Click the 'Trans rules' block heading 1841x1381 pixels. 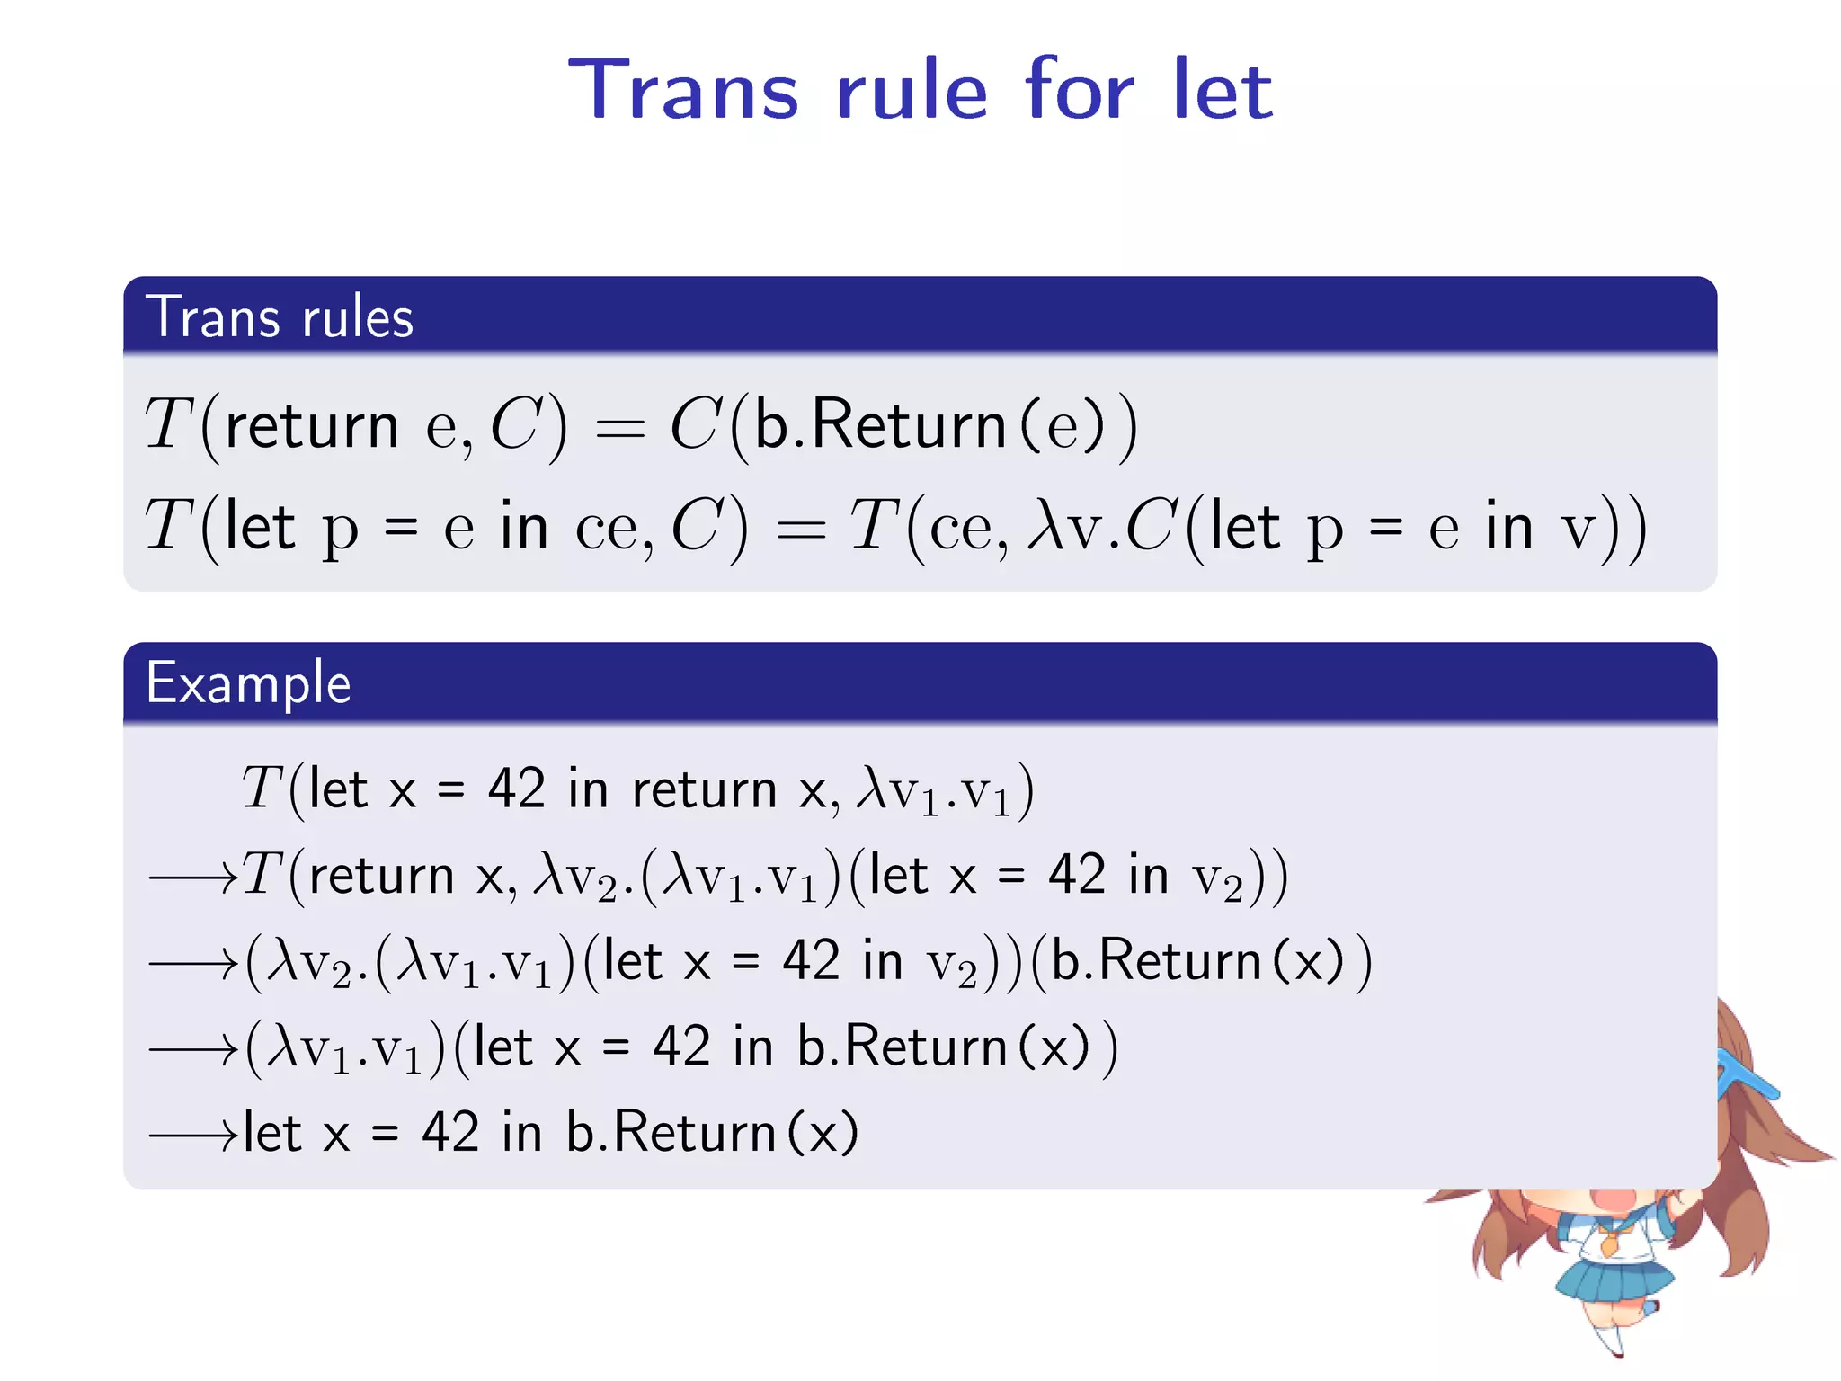pyautogui.click(x=280, y=317)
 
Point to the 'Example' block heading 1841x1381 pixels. pyautogui.click(x=248, y=683)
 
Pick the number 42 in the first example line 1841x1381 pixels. pyautogui.click(x=516, y=789)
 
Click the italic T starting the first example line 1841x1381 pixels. pyautogui.click(x=262, y=789)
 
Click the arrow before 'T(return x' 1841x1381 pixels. pyautogui.click(x=192, y=877)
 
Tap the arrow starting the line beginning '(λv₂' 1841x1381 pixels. pyautogui.click(x=192, y=963)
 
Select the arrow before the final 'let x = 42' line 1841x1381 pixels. pyautogui.click(x=192, y=1135)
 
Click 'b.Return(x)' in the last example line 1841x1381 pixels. pyautogui.click(x=712, y=1133)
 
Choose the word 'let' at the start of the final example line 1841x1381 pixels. pyautogui.click(x=271, y=1133)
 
